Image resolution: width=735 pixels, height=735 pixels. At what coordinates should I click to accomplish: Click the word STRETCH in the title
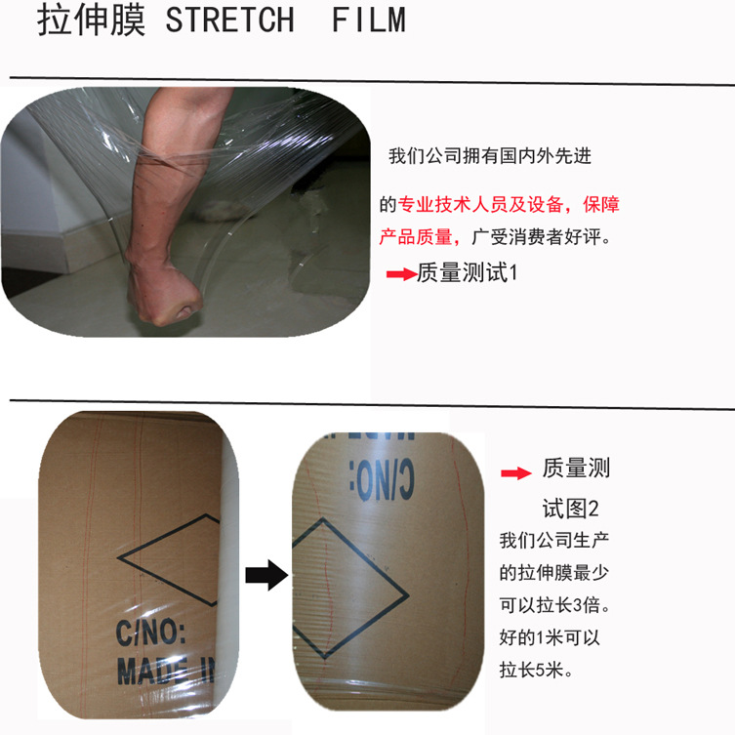(x=229, y=20)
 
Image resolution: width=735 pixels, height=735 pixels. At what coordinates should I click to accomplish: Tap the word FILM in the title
(x=368, y=20)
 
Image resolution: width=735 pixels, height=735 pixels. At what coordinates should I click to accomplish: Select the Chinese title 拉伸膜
(x=92, y=20)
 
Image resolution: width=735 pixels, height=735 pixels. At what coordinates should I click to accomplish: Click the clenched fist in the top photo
(x=164, y=295)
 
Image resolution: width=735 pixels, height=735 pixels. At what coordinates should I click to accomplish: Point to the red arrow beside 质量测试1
(x=402, y=273)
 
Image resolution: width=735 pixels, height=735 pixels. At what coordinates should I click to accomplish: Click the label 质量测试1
(x=467, y=272)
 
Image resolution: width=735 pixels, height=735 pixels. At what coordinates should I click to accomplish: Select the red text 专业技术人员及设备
(x=480, y=205)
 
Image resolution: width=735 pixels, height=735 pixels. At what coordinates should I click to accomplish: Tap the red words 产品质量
(x=415, y=237)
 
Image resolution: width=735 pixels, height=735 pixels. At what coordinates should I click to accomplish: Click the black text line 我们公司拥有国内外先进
(x=490, y=156)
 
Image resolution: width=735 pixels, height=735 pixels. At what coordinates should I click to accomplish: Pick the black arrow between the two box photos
(x=266, y=575)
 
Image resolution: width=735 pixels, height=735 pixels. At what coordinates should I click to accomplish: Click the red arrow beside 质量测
(x=516, y=473)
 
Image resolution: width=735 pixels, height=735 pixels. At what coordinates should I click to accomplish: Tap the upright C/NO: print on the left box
(x=150, y=633)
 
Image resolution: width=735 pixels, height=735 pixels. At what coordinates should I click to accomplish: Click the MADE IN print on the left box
(x=165, y=671)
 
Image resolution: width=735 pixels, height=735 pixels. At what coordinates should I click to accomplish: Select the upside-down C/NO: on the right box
(x=382, y=480)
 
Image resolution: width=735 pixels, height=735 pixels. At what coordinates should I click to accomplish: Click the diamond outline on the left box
(x=118, y=558)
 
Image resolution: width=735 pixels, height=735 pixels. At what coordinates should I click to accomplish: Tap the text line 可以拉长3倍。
(x=555, y=605)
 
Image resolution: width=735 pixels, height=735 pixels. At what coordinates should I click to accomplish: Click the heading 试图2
(x=570, y=509)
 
